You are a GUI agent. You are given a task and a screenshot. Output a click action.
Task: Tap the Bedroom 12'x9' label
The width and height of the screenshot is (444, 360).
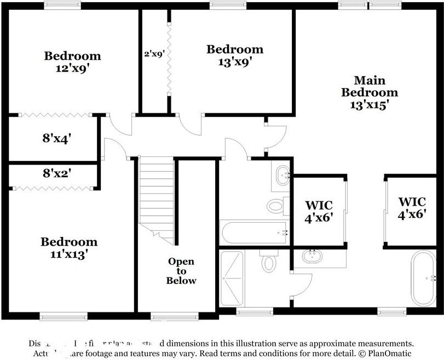point(72,61)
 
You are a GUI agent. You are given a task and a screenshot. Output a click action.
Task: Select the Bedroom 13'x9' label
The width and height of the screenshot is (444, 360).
point(234,55)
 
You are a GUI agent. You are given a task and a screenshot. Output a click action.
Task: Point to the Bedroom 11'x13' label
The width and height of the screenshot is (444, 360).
point(69,247)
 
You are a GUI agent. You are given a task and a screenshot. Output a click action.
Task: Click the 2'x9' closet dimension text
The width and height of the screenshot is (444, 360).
point(154,54)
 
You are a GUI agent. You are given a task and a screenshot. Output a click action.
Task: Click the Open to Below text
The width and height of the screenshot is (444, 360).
point(181,271)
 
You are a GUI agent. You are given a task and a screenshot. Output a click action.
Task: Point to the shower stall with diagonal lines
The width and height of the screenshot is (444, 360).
point(232,278)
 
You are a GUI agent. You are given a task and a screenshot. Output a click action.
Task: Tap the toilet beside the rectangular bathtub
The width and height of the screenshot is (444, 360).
point(275,206)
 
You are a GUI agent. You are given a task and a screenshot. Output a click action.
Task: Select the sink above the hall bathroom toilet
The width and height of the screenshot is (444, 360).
point(282,175)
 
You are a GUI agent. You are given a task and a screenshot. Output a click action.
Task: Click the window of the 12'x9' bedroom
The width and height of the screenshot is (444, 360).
point(62,5)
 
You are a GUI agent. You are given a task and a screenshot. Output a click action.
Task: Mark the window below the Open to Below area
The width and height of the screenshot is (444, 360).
point(174,316)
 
